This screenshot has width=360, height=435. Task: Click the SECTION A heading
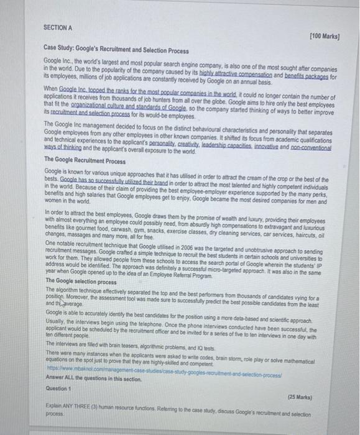58,27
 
